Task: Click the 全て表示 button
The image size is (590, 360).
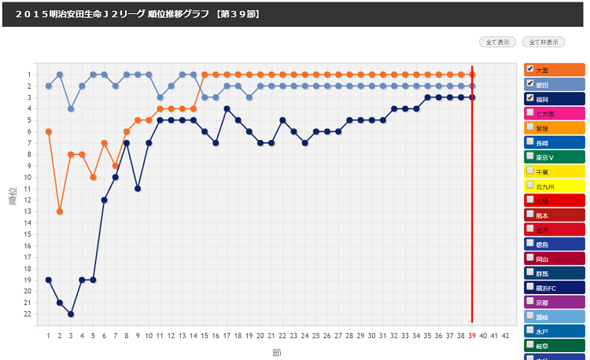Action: (498, 42)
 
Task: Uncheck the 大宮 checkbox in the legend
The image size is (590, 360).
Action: (530, 69)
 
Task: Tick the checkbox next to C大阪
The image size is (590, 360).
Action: (530, 112)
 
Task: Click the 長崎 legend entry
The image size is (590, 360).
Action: (542, 143)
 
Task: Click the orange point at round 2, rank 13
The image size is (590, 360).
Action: (60, 211)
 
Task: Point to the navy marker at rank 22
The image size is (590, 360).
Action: (71, 314)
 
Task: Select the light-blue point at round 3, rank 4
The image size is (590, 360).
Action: (71, 108)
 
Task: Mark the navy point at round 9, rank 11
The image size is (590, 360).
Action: (138, 189)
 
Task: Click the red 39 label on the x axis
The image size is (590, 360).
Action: (472, 335)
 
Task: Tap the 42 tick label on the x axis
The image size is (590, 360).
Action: (505, 335)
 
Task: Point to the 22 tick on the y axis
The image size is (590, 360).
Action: (28, 314)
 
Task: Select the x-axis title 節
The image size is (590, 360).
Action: (276, 352)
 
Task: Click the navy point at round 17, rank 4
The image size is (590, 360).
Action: (227, 108)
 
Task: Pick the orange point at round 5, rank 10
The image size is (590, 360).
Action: (93, 177)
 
